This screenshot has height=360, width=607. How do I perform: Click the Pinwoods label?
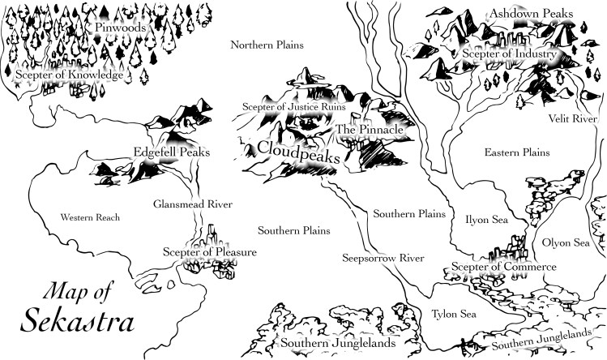(119, 28)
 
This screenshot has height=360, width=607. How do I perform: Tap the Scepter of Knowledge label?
(69, 75)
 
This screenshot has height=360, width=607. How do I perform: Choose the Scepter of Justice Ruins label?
(294, 106)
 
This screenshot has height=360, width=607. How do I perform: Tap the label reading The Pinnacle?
(369, 129)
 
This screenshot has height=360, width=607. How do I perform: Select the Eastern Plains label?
(516, 152)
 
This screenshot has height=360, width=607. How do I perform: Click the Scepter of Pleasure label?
(209, 253)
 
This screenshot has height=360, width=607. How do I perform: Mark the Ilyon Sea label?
(485, 218)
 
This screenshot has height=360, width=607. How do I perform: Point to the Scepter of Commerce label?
(503, 267)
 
